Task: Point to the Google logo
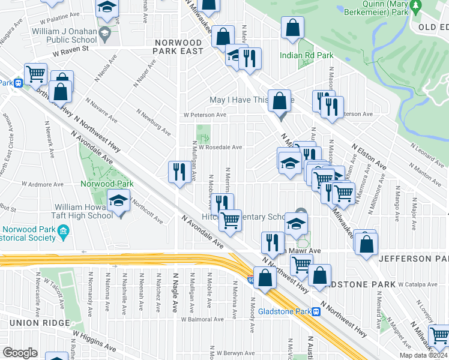(20, 353)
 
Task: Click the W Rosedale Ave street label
(220, 147)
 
